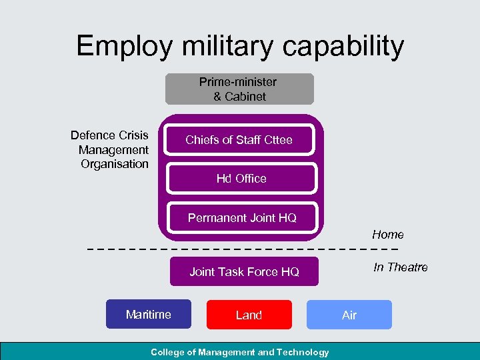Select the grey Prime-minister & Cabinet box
tap(239, 89)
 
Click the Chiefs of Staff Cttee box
tap(239, 140)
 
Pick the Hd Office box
tap(241, 179)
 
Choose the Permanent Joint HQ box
tap(242, 218)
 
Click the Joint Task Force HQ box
tap(244, 272)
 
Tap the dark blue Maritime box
tap(149, 315)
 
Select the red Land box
tap(249, 315)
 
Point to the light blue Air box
tap(349, 315)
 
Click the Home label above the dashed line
tap(388, 235)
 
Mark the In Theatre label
tap(401, 267)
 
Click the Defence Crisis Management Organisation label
tap(111, 150)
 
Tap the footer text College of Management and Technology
tap(240, 352)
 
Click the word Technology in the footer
tap(303, 352)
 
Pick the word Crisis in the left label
tap(131, 135)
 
